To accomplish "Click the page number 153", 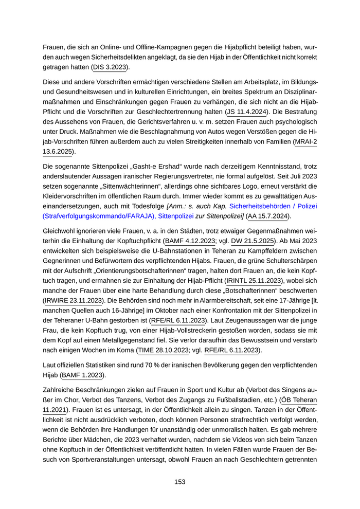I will point(179,482).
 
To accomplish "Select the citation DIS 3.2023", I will point(111,67).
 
